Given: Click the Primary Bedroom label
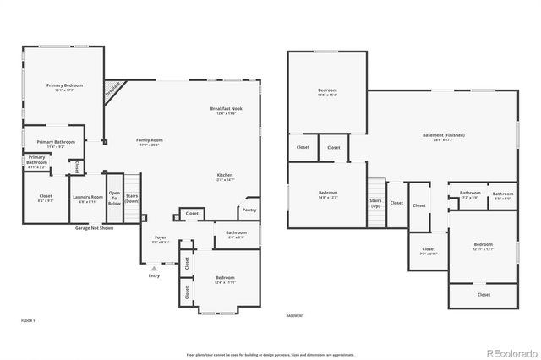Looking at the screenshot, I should point(64,87).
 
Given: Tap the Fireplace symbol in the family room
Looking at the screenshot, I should point(112,88).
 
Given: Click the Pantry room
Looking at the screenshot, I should point(249,210).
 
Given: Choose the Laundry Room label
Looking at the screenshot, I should point(87,199).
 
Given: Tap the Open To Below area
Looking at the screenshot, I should point(114,198).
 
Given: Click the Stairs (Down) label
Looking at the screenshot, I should point(132,199).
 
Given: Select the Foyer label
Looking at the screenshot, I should point(161,240).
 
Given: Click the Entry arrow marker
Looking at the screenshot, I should point(154,268).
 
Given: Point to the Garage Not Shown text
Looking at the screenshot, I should point(95,228).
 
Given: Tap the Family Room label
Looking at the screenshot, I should point(150,141).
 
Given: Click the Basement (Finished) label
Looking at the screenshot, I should point(444,136).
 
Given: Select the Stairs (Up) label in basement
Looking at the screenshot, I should point(375,204).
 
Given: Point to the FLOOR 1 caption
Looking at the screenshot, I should point(29,321).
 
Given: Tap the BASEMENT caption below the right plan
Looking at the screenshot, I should point(295,316).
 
